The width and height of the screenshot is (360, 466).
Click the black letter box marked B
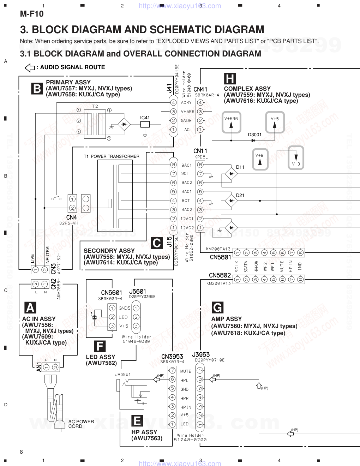(37, 88)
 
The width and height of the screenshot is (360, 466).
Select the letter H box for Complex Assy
(230, 78)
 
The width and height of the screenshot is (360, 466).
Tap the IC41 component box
(145, 124)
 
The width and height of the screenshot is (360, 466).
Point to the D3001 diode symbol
(253, 141)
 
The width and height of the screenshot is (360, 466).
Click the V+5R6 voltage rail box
(231, 122)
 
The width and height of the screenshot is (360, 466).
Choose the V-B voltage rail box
(296, 157)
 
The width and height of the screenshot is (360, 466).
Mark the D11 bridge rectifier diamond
(231, 174)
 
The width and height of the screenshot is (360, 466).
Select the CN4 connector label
(72, 217)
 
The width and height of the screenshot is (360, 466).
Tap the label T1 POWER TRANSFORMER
(112, 156)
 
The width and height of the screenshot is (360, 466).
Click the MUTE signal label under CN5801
(282, 266)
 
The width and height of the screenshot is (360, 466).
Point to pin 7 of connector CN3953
(172, 370)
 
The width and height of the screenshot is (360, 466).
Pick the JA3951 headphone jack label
(123, 375)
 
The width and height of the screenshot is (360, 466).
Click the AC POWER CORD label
(81, 424)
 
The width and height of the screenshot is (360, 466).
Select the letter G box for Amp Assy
(217, 307)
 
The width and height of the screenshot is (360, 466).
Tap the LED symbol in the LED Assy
(95, 317)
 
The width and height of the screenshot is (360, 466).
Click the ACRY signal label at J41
(186, 102)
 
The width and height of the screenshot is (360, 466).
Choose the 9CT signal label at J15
(185, 174)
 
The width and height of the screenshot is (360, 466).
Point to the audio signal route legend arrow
(30, 67)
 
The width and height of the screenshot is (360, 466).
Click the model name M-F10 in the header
(32, 14)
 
